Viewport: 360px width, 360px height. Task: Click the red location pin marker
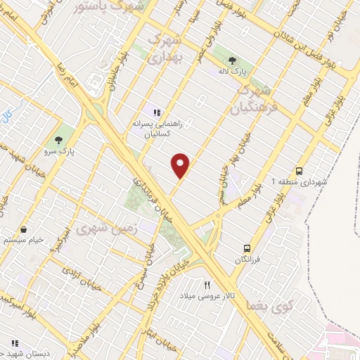[x=181, y=165]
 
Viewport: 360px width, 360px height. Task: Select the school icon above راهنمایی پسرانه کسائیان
[x=157, y=112]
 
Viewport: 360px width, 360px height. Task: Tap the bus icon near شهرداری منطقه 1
[x=300, y=170]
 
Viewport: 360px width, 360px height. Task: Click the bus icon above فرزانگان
[x=247, y=248]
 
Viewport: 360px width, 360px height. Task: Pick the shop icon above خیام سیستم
[x=24, y=229]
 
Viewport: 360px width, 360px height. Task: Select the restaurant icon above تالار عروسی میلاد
[x=206, y=285]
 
